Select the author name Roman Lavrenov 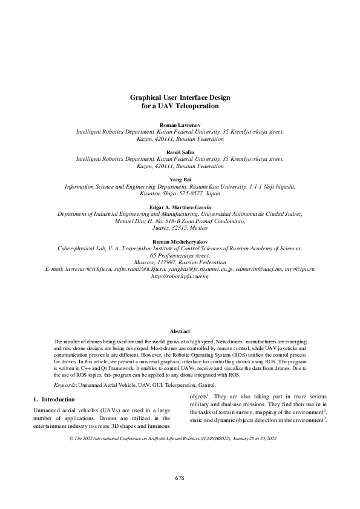click(180, 124)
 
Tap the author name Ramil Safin click(180, 153)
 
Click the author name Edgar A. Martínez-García click(180, 207)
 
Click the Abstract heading click(180, 331)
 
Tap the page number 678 click(180, 478)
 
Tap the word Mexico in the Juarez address click(198, 229)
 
